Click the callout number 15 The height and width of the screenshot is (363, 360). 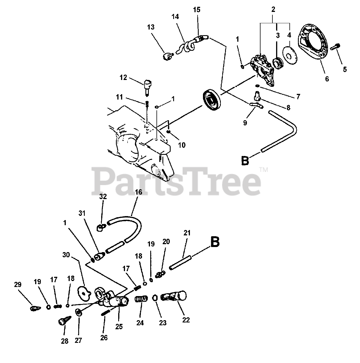coord(196,10)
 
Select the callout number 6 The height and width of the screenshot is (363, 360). coord(327,79)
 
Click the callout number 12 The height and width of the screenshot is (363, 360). coord(123,77)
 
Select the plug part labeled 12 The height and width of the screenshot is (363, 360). coord(148,86)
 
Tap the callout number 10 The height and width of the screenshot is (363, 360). coord(182,145)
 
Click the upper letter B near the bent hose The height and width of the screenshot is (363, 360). coord(245,160)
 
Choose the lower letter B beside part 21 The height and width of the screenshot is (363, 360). coord(215,242)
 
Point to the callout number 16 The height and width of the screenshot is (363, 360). coord(139,192)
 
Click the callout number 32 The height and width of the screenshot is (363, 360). coord(103,197)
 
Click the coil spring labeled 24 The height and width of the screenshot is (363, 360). coord(141,299)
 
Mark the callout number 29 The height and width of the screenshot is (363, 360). coord(18,284)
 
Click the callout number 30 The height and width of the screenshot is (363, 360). coord(66,255)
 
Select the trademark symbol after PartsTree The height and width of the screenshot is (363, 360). coord(264,170)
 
